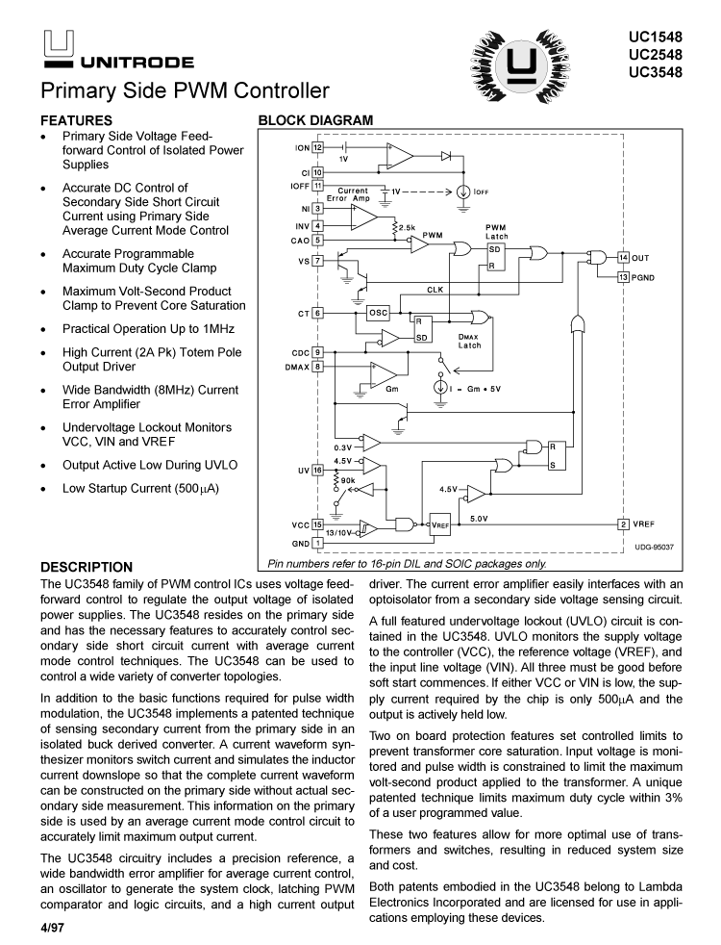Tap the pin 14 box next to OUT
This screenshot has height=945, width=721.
(x=623, y=258)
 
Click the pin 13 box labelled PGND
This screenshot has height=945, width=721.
(x=623, y=277)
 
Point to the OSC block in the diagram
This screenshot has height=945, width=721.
(x=379, y=313)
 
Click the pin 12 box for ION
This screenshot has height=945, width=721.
(x=317, y=148)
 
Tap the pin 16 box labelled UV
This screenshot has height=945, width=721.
(x=317, y=470)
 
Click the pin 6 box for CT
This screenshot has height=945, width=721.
(x=317, y=313)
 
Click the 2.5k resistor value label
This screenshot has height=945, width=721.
(x=406, y=228)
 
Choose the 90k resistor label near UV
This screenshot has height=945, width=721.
(x=347, y=479)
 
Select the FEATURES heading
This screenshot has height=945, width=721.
(x=75, y=121)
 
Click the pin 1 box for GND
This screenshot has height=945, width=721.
(x=317, y=543)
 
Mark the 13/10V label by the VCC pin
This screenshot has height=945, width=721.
(x=339, y=532)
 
